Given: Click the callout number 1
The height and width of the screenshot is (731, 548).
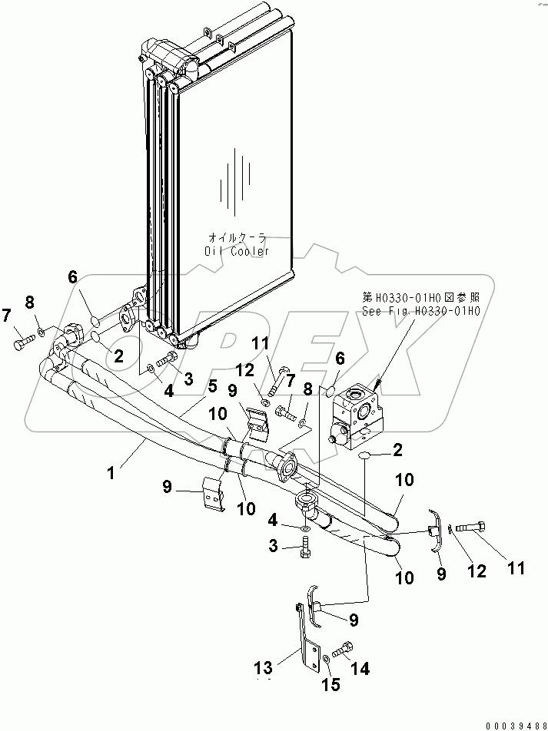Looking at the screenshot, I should tap(111, 474).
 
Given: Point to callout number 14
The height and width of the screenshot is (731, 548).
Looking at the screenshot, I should tap(359, 670).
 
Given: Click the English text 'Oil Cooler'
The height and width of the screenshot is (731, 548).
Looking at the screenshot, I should tap(237, 251).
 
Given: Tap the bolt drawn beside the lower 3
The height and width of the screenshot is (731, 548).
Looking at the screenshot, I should tap(306, 547).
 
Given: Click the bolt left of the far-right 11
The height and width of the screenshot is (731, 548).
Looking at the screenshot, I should tap(470, 528).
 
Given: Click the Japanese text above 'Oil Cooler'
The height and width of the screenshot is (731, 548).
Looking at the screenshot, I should tap(237, 238).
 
